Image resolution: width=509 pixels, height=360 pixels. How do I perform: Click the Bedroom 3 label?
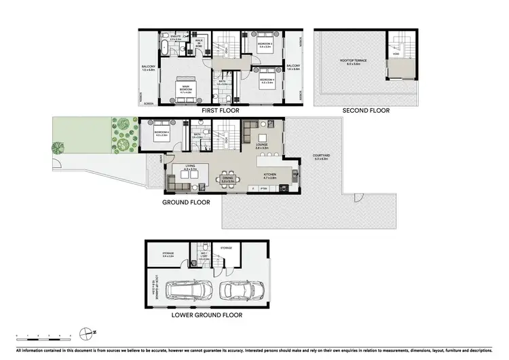pyautogui.click(x=265, y=43)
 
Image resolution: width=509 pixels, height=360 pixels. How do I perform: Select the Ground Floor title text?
pyautogui.click(x=185, y=202)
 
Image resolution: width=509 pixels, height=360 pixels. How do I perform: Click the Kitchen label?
pyautogui.click(x=270, y=174)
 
